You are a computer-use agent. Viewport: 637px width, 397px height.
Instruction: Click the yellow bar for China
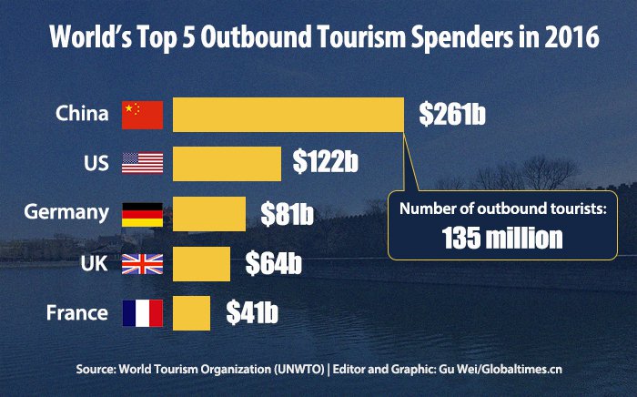click(x=288, y=114)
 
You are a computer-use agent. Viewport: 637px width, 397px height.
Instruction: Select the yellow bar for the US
click(x=227, y=163)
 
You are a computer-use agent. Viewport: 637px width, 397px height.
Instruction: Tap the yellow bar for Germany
click(x=208, y=214)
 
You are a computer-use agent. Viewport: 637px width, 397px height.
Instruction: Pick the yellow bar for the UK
click(x=201, y=264)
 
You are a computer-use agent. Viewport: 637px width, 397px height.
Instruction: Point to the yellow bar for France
click(x=191, y=313)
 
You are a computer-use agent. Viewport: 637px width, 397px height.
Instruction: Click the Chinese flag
click(x=142, y=115)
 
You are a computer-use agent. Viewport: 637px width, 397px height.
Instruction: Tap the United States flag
click(x=142, y=164)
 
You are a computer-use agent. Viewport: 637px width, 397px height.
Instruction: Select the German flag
click(x=142, y=214)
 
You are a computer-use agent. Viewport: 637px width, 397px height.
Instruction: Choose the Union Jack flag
click(x=142, y=264)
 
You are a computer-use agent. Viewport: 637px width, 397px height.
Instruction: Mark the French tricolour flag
click(x=142, y=313)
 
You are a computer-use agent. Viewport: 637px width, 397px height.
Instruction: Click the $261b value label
click(x=452, y=114)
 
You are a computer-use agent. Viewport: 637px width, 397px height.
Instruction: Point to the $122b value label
click(x=325, y=164)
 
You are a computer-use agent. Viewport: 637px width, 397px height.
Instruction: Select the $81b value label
click(x=287, y=214)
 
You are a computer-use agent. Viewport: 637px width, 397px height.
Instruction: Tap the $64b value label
click(x=273, y=264)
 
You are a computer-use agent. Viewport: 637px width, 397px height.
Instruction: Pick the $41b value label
click(x=252, y=313)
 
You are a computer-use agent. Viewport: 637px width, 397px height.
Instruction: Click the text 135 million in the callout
click(x=502, y=239)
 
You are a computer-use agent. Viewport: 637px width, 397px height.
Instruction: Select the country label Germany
click(x=66, y=214)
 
